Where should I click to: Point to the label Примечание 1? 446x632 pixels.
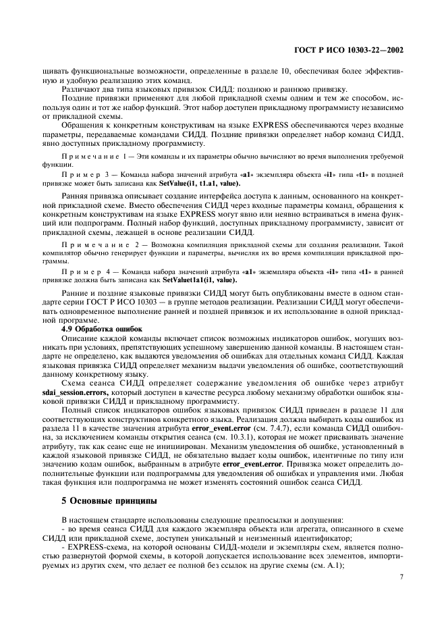[88, 156]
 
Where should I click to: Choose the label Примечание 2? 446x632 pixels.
[88, 244]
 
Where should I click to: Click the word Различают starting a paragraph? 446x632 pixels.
[82, 90]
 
